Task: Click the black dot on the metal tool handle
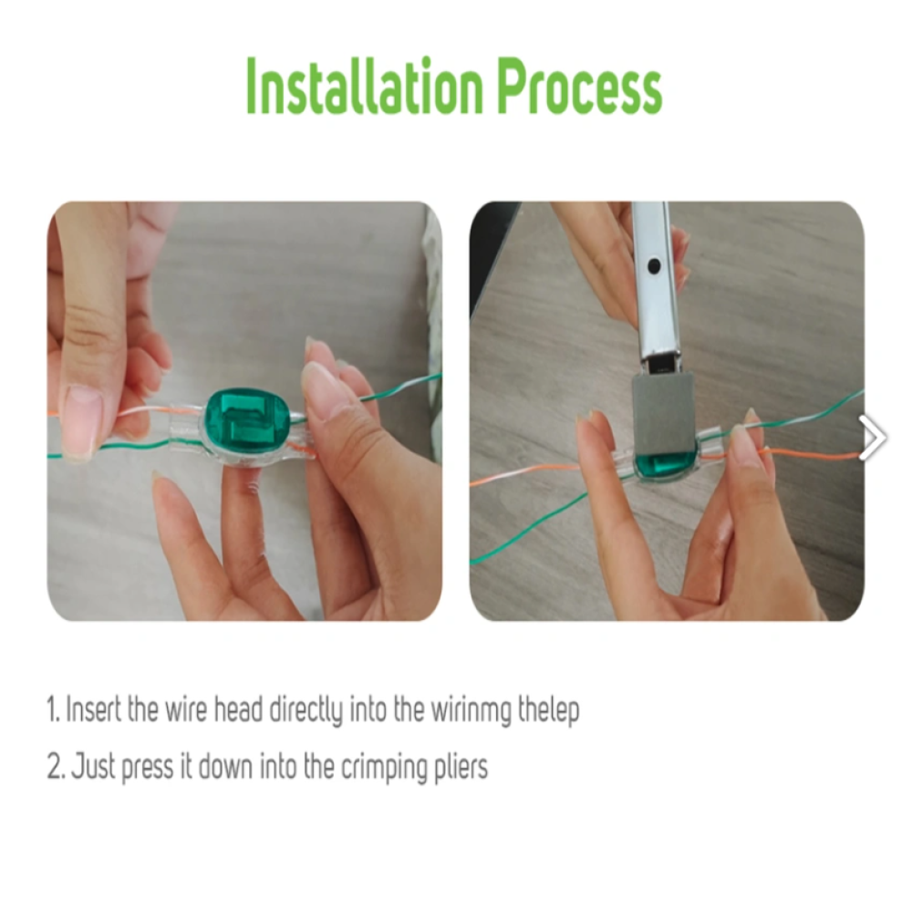(x=654, y=267)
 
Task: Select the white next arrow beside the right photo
(x=873, y=438)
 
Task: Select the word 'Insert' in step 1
(x=93, y=709)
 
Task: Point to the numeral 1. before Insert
(x=54, y=709)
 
